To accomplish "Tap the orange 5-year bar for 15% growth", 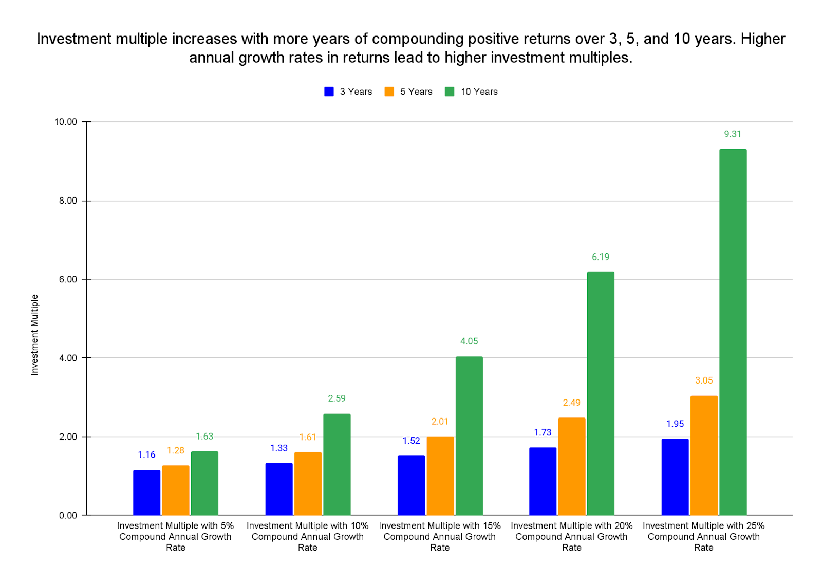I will pos(440,476).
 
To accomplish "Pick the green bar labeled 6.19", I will pos(601,393).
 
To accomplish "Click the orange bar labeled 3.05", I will pos(704,455).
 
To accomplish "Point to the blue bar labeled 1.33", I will pos(279,489).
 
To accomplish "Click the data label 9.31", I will pos(733,134).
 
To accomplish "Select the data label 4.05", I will pos(469,341).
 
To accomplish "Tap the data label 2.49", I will pos(571,403).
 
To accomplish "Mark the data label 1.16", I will pos(146,455).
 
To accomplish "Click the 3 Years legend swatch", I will pos(329,92).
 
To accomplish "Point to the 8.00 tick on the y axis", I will pos(68,201).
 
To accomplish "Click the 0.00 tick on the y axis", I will pos(68,515).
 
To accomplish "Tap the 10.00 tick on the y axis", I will pos(66,122).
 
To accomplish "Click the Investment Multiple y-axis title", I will pos(35,335).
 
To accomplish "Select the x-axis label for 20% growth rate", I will pos(571,536).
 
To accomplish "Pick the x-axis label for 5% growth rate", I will pos(175,536).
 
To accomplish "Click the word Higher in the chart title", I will pos(762,39).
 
